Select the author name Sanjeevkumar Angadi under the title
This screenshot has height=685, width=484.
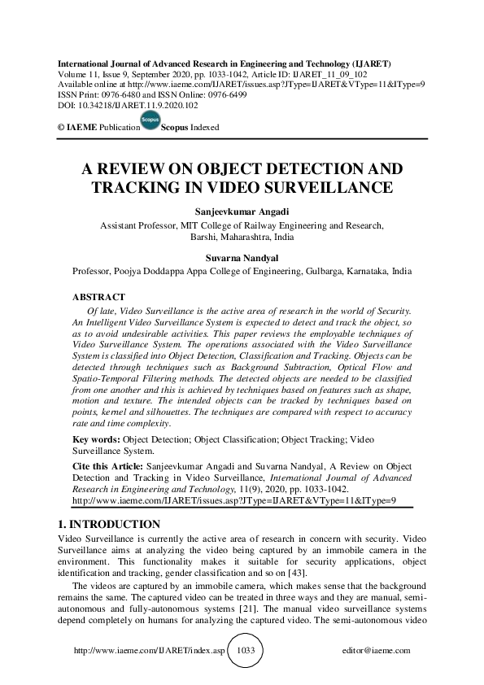pyautogui.click(x=242, y=210)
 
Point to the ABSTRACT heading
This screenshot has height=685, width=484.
pyautogui.click(x=98, y=297)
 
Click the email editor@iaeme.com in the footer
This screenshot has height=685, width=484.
pyautogui.click(x=377, y=651)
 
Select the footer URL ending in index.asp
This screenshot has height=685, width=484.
pyautogui.click(x=149, y=651)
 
